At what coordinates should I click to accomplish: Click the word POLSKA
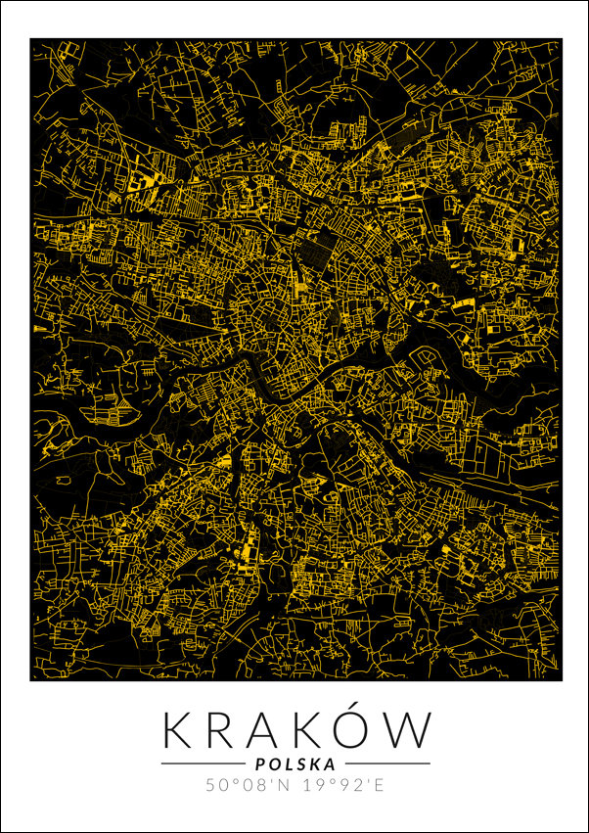point(294,764)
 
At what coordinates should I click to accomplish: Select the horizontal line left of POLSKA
point(202,764)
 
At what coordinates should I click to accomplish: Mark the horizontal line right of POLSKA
point(387,764)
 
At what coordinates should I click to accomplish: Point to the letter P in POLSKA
point(258,764)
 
